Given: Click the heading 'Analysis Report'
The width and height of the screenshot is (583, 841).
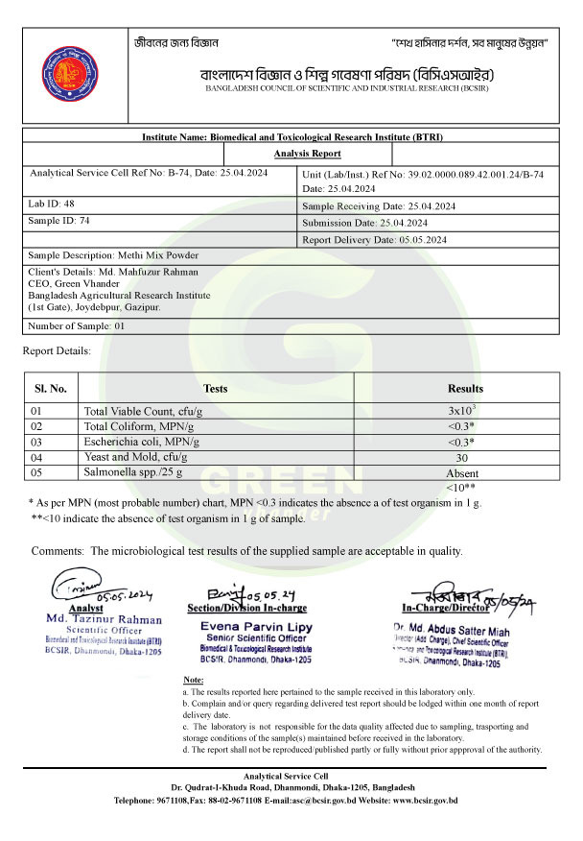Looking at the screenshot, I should click(x=307, y=154).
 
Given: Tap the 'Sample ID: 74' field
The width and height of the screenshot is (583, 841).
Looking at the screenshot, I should click(x=59, y=221).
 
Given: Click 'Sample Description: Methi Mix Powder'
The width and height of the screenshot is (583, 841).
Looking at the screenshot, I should click(x=113, y=255).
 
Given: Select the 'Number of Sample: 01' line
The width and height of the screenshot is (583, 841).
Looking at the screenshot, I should click(x=77, y=325).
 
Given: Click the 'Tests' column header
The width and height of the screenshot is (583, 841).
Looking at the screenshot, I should click(x=216, y=389).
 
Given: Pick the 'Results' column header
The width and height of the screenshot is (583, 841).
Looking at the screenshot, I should click(x=465, y=389).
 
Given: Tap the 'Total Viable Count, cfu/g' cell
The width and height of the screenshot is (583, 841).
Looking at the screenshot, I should click(x=143, y=411).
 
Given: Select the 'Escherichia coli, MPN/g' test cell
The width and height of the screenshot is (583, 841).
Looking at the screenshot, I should click(x=142, y=441).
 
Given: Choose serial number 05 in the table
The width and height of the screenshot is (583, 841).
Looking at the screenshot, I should click(x=37, y=472).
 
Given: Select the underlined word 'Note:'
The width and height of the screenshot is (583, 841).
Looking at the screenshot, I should click(x=194, y=681).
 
